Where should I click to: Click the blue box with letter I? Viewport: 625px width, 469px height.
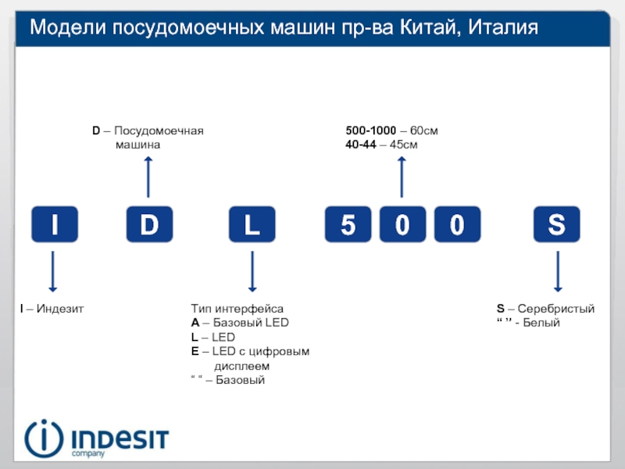(x=55, y=224)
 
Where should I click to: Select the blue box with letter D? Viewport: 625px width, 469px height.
(x=149, y=224)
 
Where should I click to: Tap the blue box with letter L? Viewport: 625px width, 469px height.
(x=252, y=224)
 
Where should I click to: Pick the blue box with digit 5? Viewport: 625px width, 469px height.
(x=348, y=224)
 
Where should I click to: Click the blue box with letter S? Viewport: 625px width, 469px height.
(x=557, y=224)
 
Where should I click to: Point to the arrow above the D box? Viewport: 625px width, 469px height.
(x=148, y=177)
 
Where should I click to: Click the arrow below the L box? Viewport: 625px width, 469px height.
(x=252, y=271)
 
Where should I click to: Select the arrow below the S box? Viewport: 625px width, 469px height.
(x=558, y=271)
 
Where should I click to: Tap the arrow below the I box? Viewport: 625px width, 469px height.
(x=52, y=271)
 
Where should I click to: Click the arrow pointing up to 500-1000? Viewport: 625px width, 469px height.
(x=402, y=177)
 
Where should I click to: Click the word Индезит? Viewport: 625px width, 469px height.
(x=60, y=309)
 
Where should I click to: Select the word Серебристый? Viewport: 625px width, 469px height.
(x=556, y=309)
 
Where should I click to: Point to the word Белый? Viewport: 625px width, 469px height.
(x=541, y=323)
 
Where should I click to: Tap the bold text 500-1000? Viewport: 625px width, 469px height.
(x=370, y=131)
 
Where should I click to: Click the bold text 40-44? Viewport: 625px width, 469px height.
(x=361, y=145)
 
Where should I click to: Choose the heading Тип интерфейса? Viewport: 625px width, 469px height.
(x=237, y=309)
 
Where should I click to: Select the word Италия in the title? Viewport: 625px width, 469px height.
(x=503, y=28)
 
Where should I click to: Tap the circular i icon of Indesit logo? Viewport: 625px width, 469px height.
(x=44, y=439)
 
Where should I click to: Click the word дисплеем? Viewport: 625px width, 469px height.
(x=242, y=366)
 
